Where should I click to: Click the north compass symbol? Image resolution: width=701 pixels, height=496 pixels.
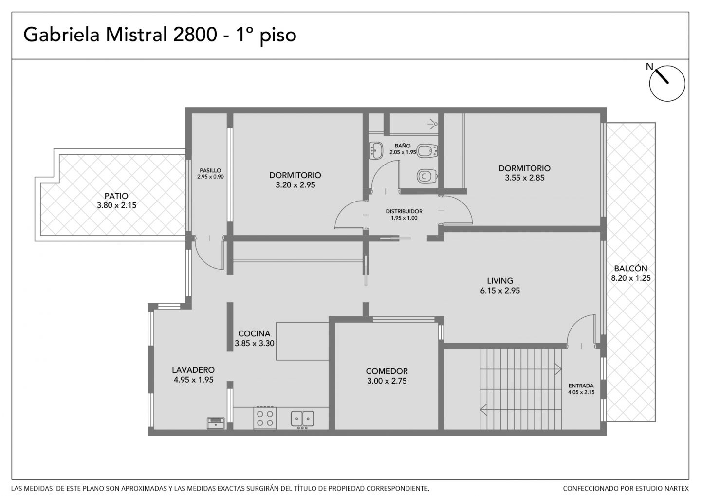click(x=667, y=84)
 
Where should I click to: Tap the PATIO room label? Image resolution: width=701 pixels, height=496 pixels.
click(x=116, y=196)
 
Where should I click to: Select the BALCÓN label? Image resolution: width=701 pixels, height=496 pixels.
click(x=630, y=268)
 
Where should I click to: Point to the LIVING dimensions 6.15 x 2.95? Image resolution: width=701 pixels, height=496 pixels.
click(x=500, y=291)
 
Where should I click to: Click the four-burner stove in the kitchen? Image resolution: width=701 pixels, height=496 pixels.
click(x=265, y=418)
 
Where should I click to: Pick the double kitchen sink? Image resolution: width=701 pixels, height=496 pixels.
click(x=302, y=419)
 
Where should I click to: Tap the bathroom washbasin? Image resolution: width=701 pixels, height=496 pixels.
click(x=376, y=150)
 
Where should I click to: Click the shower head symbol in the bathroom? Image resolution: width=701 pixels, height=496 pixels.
click(x=433, y=124)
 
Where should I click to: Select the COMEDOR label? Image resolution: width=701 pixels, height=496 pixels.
click(x=387, y=371)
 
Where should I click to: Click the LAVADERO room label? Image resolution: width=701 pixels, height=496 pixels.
click(x=193, y=370)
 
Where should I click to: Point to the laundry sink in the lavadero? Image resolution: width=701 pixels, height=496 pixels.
click(x=216, y=423)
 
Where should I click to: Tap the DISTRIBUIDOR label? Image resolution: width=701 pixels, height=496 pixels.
click(x=404, y=211)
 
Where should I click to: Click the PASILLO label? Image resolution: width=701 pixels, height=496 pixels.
click(x=210, y=170)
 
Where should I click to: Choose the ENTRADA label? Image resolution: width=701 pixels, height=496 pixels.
click(x=581, y=386)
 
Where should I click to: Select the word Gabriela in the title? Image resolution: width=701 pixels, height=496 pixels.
click(x=62, y=34)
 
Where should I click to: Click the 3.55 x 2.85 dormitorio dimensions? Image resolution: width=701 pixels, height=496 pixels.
click(x=524, y=178)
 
